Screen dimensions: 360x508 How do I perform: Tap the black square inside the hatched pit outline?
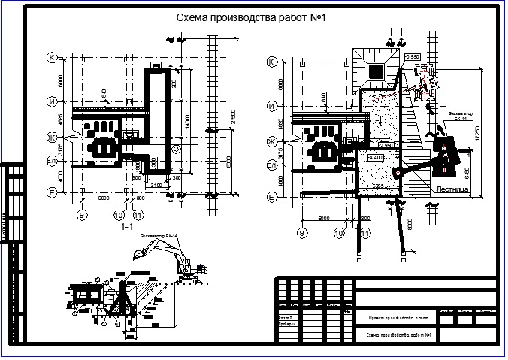376,71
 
